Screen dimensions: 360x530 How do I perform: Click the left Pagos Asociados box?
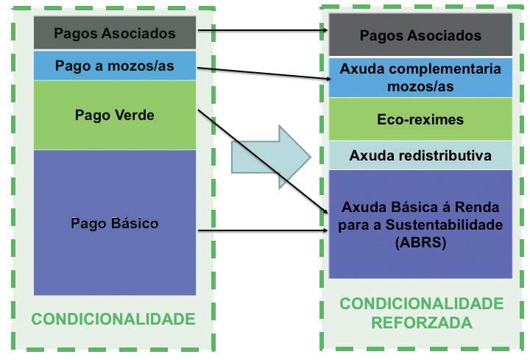(115, 34)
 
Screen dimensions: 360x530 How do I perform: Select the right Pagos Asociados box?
(420, 35)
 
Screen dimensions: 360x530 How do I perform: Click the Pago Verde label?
(115, 115)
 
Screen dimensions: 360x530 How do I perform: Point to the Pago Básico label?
(115, 223)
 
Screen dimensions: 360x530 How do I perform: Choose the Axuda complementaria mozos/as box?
(420, 77)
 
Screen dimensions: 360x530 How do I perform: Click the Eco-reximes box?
(420, 119)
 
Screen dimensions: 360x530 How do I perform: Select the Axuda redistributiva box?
(420, 155)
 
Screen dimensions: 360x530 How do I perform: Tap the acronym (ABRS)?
(420, 241)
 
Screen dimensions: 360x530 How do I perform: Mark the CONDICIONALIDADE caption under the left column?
(113, 319)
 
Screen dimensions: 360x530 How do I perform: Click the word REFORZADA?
(421, 322)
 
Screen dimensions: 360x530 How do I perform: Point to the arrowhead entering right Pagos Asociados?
(324, 31)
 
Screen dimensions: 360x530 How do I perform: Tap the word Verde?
(137, 115)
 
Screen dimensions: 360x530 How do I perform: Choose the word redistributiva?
(443, 155)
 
